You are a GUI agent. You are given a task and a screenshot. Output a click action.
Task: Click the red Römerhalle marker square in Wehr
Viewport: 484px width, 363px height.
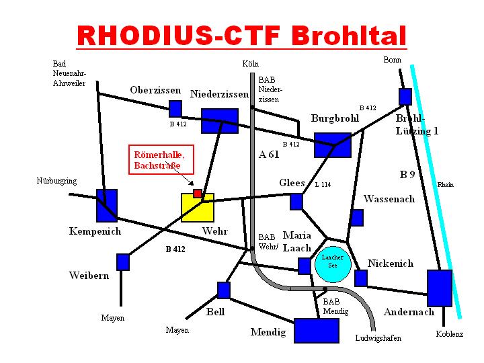[x=197, y=194]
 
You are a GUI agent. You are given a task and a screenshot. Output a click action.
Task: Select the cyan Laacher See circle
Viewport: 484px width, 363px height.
[x=333, y=265]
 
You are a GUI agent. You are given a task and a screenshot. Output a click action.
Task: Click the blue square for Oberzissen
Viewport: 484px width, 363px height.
[x=175, y=109]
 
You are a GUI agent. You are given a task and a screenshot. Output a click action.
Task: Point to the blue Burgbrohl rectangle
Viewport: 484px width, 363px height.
[x=333, y=145]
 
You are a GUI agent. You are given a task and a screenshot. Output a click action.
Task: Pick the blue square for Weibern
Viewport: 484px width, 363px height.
[x=123, y=262]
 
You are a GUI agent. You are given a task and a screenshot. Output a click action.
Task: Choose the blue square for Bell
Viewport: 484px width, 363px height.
[x=224, y=290]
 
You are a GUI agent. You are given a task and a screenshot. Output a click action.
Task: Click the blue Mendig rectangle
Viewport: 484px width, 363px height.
[x=317, y=331]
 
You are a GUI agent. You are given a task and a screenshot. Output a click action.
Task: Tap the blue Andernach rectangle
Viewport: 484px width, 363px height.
[x=440, y=288]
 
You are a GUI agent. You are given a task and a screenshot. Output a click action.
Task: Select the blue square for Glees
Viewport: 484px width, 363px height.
[x=296, y=202]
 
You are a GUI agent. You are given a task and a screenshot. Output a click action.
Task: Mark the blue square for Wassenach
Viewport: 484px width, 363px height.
[x=357, y=218]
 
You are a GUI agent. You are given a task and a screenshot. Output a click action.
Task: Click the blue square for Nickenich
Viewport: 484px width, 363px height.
[x=361, y=278]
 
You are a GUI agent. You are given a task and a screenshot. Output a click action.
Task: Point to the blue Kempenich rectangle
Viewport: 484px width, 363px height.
[x=107, y=206]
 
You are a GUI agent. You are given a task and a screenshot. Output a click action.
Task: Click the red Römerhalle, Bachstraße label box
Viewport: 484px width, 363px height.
[x=161, y=159]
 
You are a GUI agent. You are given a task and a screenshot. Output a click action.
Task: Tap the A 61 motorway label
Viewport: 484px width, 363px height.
[x=269, y=155]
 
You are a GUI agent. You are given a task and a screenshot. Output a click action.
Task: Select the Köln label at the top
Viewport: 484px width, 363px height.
[x=250, y=64]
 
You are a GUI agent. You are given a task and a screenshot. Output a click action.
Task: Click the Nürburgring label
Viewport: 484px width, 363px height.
[x=56, y=181]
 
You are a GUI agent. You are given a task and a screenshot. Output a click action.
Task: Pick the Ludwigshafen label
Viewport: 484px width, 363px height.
[x=378, y=338]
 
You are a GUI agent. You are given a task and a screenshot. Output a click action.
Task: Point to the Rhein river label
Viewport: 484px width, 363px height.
[x=446, y=185]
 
